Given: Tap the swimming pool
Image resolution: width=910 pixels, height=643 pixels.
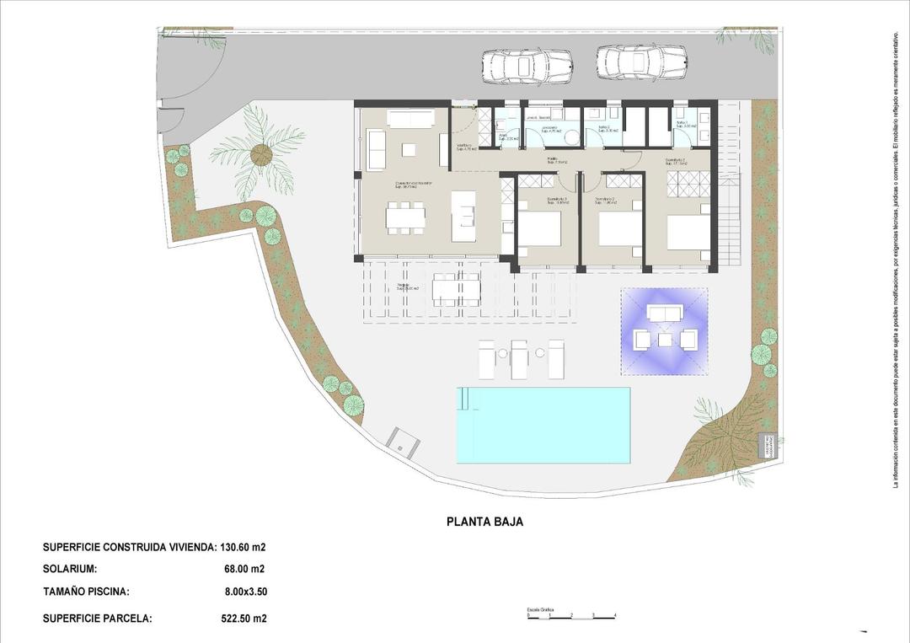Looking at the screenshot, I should pos(543,425).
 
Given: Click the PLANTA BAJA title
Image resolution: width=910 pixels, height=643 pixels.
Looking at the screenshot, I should pos(484,522).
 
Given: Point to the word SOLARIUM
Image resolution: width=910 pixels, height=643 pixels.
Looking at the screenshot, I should pos(70,569).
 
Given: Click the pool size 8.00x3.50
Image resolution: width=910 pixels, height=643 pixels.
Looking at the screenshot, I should pos(245,592).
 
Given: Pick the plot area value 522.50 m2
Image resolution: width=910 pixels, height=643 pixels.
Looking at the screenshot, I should pos(244,619).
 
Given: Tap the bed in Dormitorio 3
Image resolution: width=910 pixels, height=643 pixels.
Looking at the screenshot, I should pos(540,229).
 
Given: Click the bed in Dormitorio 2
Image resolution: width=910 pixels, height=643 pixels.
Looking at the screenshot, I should pos(620,228).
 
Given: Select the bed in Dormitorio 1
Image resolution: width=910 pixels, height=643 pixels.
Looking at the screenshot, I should pos(689,232).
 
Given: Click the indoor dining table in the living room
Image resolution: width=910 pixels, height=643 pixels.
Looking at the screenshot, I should pos(405,217).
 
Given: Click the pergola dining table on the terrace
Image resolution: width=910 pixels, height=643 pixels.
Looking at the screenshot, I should pos(456,290).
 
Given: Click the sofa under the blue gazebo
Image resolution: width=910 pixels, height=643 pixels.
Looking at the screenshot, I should pos(664,313).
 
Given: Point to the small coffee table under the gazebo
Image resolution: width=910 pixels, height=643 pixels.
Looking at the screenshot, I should pos(665,339).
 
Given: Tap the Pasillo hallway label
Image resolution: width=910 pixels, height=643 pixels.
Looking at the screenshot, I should pos(555,160).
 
